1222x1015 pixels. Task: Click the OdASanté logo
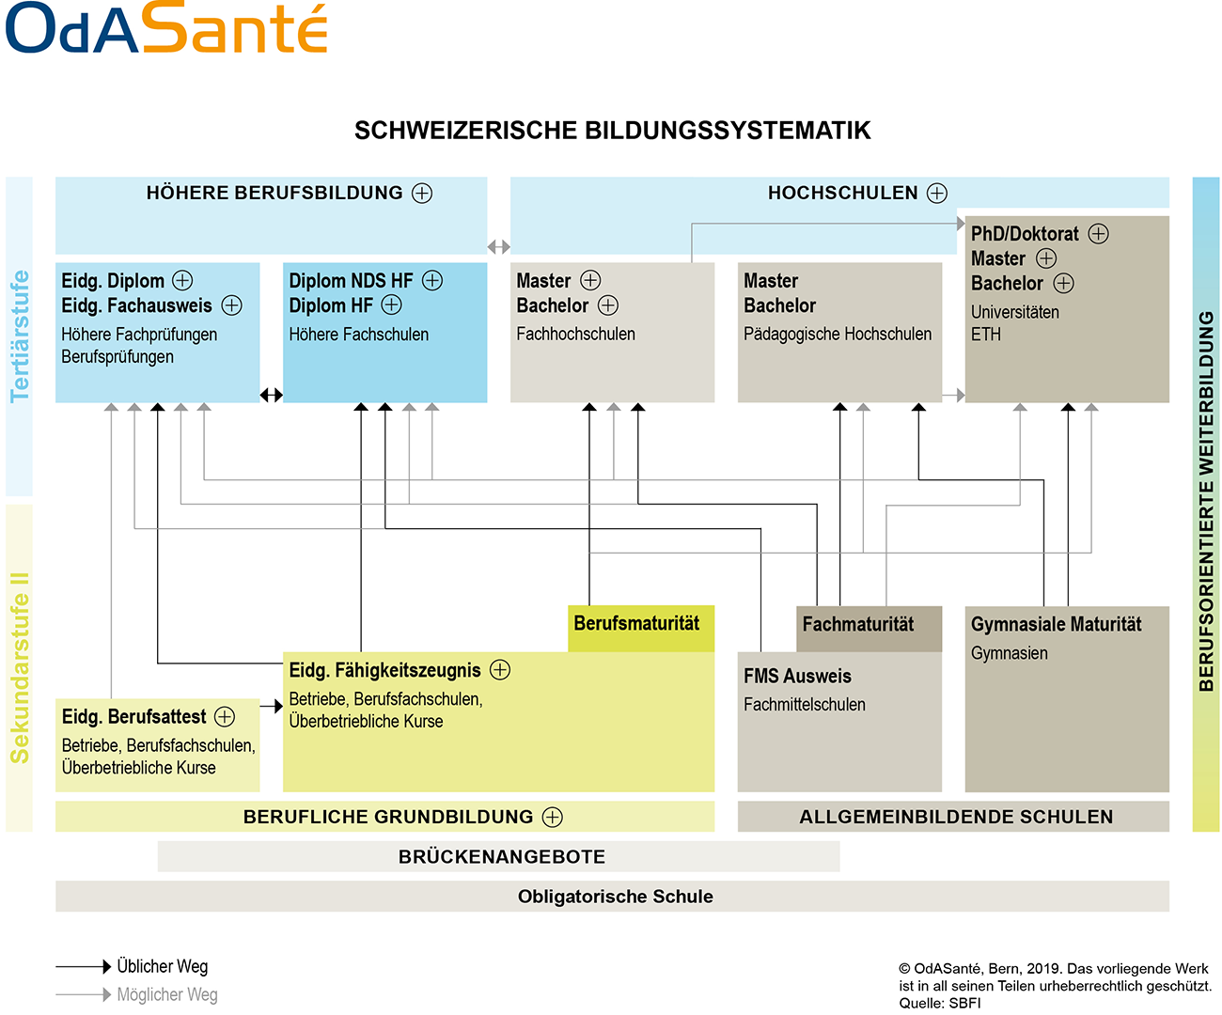pos(166,27)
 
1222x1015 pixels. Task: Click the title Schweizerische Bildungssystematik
pos(612,131)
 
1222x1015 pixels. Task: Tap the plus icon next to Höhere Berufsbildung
pos(421,193)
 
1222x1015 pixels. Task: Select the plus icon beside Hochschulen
pos(936,193)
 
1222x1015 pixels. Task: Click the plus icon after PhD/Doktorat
pos(1098,234)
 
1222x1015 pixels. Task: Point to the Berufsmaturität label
pos(636,623)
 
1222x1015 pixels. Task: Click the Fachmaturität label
pos(857,624)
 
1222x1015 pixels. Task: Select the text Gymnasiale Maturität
pos(1056,624)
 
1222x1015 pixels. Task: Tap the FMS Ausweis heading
pos(797,676)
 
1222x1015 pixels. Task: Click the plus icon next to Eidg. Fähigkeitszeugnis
pos(500,669)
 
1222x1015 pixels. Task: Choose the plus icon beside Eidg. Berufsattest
pos(225,716)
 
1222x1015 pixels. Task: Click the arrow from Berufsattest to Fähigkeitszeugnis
pos(272,706)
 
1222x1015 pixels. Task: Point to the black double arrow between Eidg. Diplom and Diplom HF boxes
pos(271,395)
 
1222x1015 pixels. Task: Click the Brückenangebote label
pos(502,856)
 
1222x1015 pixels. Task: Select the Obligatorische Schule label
pos(615,897)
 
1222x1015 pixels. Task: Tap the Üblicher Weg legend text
pos(162,966)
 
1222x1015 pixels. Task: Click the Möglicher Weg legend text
pos(167,994)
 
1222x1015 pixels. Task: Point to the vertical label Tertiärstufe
pos(20,336)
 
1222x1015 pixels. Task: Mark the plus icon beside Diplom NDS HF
pos(432,281)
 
